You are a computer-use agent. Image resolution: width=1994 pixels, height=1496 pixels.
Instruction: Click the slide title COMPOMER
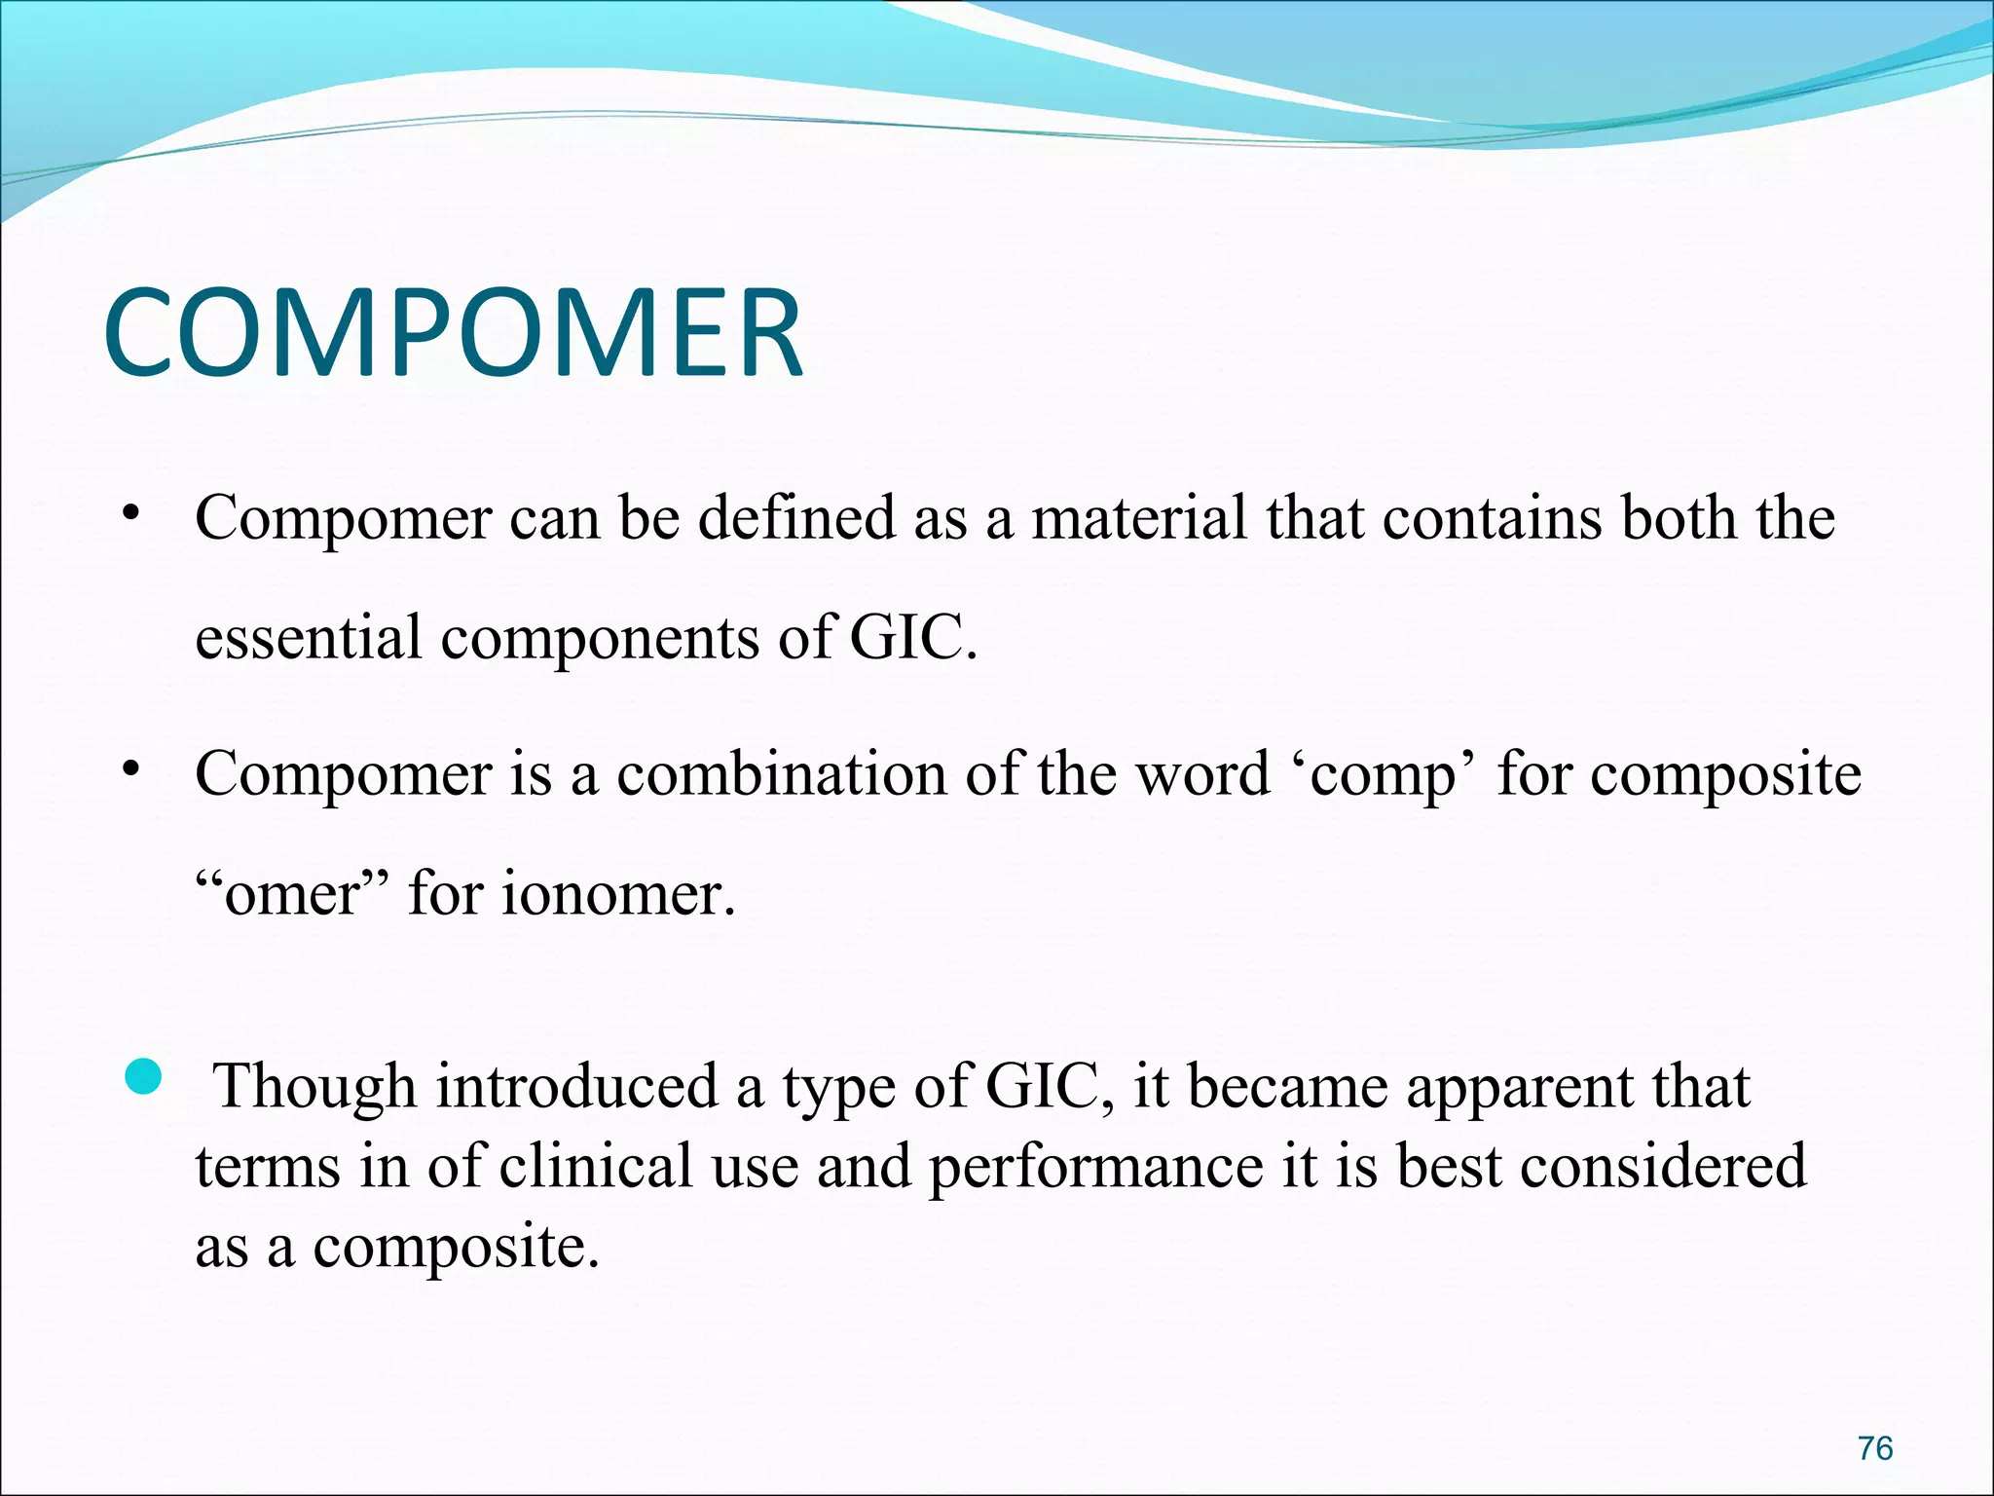coord(453,333)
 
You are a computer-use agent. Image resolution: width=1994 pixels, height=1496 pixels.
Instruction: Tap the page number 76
coord(1874,1449)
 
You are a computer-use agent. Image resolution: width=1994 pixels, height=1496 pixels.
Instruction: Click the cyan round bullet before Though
coord(143,1077)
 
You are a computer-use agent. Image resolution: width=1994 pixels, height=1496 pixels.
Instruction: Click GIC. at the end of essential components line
coord(912,638)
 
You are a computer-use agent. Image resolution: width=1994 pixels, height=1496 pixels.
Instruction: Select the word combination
coord(782,774)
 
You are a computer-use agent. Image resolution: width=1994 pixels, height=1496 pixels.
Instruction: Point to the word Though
coord(314,1087)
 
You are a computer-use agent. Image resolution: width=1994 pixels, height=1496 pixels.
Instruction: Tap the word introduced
coord(576,1087)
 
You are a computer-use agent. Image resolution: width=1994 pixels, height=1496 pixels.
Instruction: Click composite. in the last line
coord(455,1248)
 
